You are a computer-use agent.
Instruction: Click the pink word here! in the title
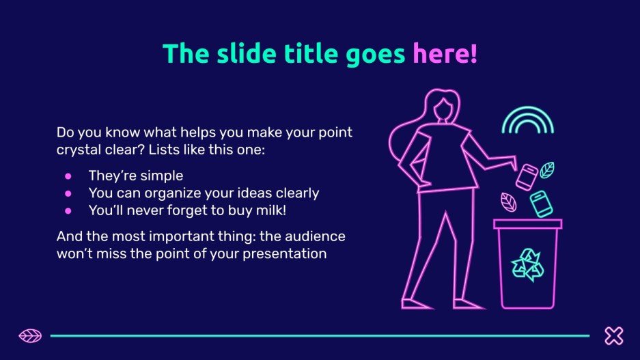[x=445, y=53]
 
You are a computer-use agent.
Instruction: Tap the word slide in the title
[x=246, y=53]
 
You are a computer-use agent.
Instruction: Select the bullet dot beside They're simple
[x=68, y=176]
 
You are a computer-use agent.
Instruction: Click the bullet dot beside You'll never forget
[x=68, y=210]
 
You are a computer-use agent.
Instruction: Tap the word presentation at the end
[x=285, y=254]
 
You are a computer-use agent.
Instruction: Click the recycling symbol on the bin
[x=527, y=265]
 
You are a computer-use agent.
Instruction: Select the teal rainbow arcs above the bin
[x=528, y=109]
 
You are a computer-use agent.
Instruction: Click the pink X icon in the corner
[x=614, y=335]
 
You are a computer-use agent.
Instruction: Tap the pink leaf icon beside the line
[x=30, y=336]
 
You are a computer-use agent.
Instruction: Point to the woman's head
[x=443, y=107]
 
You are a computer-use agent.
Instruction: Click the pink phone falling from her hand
[x=527, y=177]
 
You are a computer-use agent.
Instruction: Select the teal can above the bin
[x=541, y=204]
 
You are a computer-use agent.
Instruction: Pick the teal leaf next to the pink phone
[x=547, y=170]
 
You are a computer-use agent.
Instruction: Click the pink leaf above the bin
[x=509, y=202]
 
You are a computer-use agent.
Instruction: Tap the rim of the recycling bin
[x=527, y=223]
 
